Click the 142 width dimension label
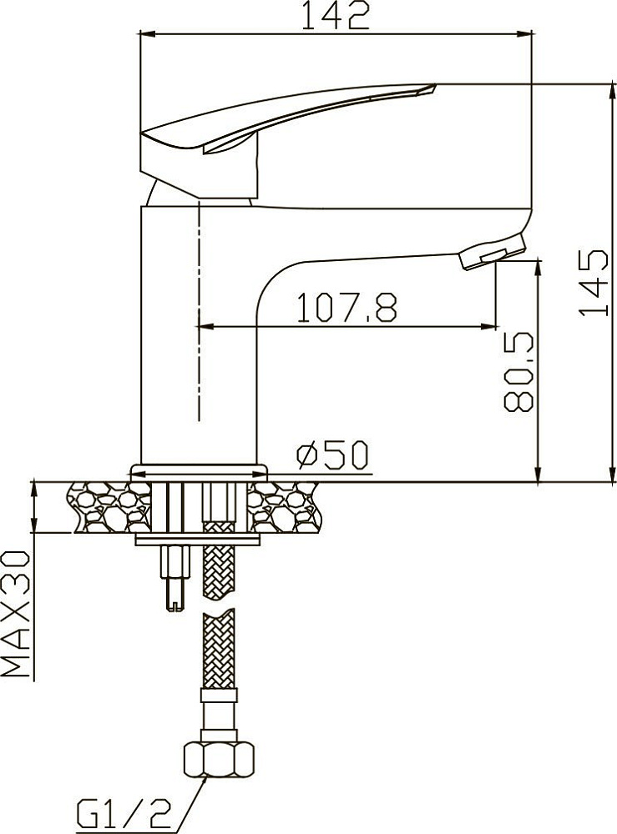[336, 16]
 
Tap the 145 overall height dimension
[594, 282]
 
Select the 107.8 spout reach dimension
[346, 307]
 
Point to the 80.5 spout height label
[518, 372]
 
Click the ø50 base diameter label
[333, 455]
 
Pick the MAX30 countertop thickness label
[15, 614]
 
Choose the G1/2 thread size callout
[124, 814]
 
